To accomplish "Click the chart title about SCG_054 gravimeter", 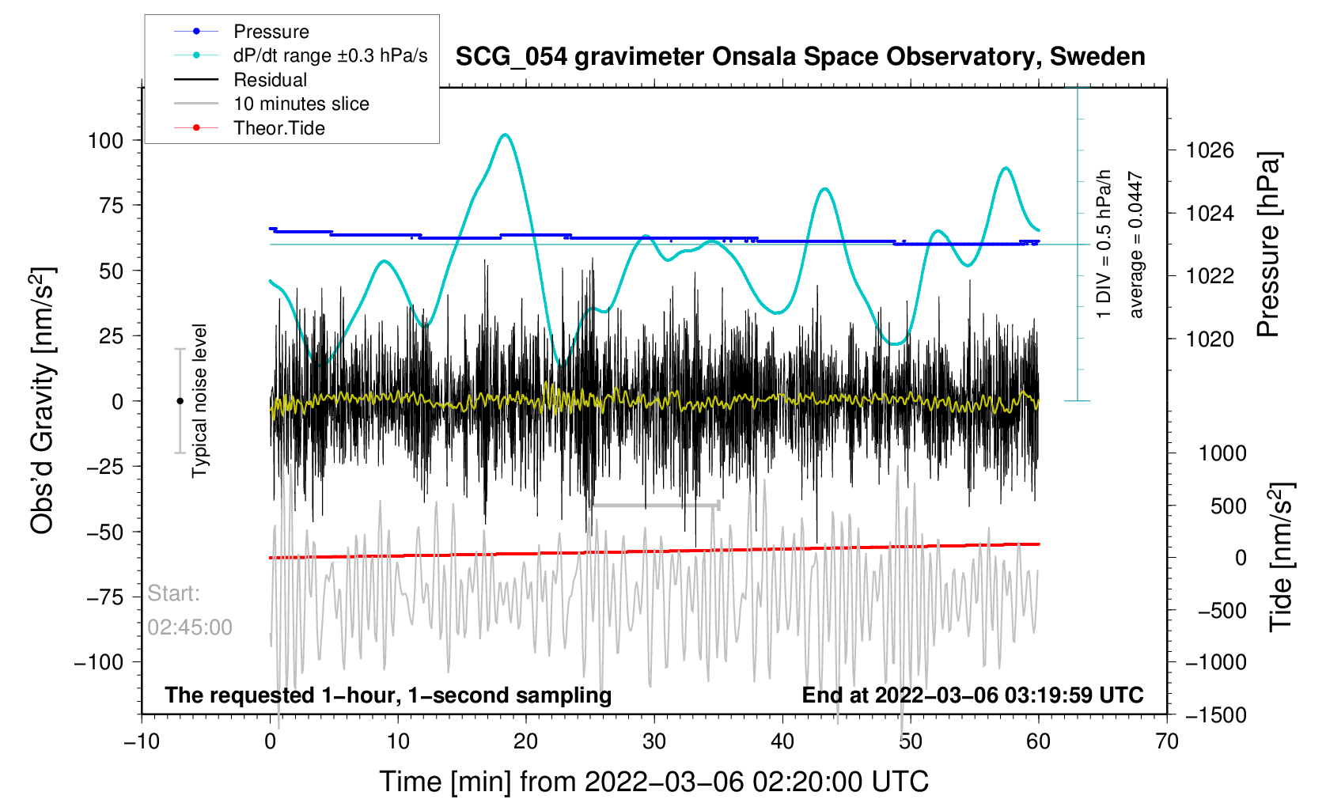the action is [x=801, y=57].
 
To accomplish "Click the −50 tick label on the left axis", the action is [x=104, y=532].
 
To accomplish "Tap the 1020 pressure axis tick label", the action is [x=1210, y=339].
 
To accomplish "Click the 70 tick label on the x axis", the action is [x=1166, y=741].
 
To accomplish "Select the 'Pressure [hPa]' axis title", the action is [x=1269, y=245].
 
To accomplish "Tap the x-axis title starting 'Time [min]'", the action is [x=654, y=782].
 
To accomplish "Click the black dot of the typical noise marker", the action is [x=180, y=401].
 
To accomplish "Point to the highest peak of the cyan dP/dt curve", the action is [x=505, y=134].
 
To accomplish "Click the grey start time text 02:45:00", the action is [x=189, y=627].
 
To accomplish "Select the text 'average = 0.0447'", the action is [x=1136, y=244].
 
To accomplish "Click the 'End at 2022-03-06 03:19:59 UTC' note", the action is [x=972, y=695].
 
